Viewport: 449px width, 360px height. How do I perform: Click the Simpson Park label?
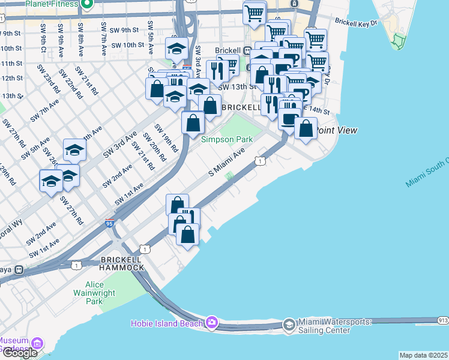(x=227, y=139)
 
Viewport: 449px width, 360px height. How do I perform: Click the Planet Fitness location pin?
(x=86, y=5)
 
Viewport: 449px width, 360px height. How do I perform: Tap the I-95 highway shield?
(x=109, y=223)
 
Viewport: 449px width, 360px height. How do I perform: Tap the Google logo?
(x=20, y=353)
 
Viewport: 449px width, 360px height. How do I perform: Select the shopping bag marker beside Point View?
(x=306, y=128)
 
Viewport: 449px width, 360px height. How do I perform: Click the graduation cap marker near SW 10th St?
(x=176, y=49)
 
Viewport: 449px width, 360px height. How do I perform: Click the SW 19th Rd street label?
(x=166, y=137)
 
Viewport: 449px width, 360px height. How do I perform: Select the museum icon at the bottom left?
(x=38, y=344)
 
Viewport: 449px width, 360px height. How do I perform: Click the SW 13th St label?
(x=233, y=87)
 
